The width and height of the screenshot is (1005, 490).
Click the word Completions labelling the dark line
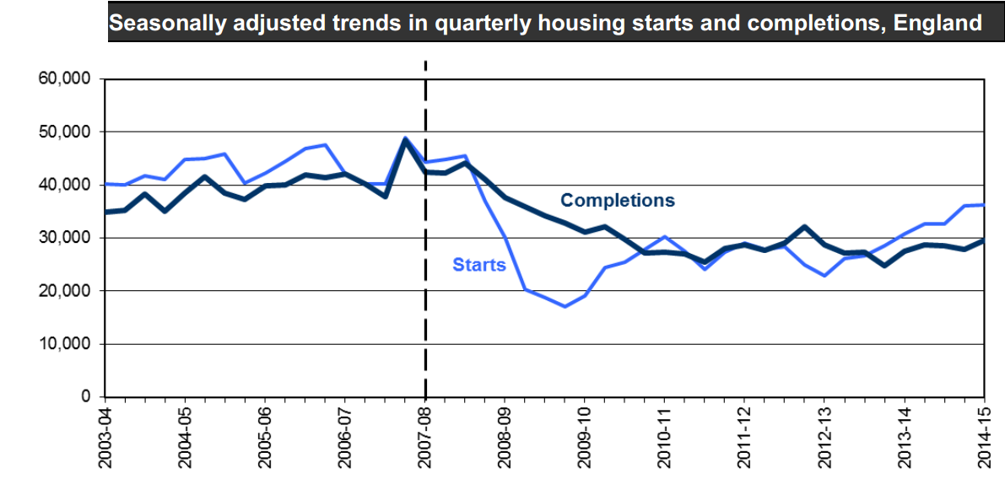point(618,201)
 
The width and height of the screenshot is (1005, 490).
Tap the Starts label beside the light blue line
point(479,265)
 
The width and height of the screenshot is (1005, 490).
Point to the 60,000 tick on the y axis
point(65,79)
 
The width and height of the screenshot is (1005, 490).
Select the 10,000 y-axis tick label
point(65,344)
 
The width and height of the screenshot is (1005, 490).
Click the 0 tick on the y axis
point(85,397)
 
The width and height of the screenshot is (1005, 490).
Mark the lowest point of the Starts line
point(565,306)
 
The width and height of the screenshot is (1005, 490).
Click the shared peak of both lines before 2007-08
point(405,139)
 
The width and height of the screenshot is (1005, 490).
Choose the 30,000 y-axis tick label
point(65,239)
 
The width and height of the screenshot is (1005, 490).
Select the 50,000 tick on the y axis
point(65,132)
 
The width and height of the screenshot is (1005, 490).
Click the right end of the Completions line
point(983,240)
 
